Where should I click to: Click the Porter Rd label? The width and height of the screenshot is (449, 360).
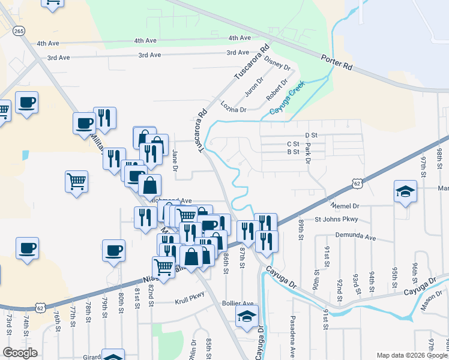[x=336, y=64]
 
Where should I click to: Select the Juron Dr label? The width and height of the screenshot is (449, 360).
[x=254, y=88]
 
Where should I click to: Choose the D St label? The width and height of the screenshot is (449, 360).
[x=310, y=136]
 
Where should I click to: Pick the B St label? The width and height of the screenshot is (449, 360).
[x=293, y=152]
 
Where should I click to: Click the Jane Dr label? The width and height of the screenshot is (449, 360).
[x=175, y=160]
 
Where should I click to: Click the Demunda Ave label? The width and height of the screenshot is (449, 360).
[x=355, y=237]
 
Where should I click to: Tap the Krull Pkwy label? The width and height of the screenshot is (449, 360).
[x=190, y=294]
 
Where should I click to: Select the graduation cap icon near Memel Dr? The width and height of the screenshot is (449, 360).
[x=405, y=193]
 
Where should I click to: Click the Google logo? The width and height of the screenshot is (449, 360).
[x=20, y=353]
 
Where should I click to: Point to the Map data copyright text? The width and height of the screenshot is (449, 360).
[x=411, y=355]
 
